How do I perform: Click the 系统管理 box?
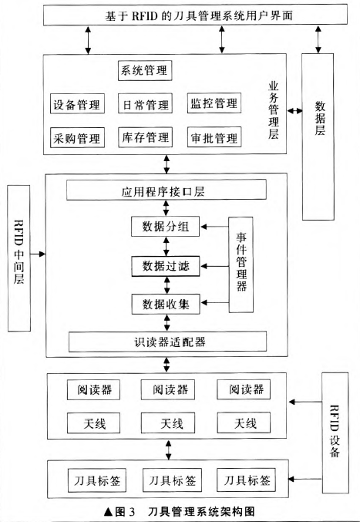[x=145, y=70]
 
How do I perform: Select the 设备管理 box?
[x=77, y=103]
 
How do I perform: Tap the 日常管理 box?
[x=145, y=103]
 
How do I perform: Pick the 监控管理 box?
[x=214, y=103]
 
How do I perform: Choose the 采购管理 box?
[x=77, y=137]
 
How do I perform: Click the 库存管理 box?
[x=145, y=136]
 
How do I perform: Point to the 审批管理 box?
[x=214, y=136]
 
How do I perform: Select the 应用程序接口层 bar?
[x=167, y=190]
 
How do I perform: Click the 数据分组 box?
[x=166, y=227]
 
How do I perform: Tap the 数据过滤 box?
[x=166, y=266]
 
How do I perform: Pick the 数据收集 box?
[x=166, y=304]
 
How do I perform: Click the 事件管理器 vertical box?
[x=241, y=264]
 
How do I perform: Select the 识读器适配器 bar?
[x=168, y=342]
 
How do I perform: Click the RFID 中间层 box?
[x=19, y=258]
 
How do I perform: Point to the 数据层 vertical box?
[x=318, y=136]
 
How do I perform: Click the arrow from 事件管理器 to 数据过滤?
[x=214, y=266]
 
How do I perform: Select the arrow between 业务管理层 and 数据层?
[x=294, y=111]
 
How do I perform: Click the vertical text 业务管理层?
[x=274, y=110]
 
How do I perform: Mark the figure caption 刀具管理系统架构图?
[x=201, y=511]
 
